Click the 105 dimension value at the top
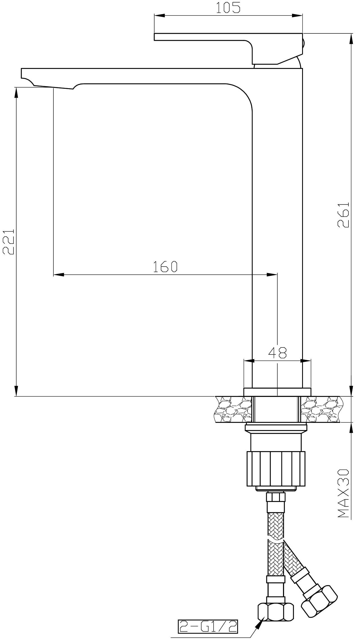tap(228, 8)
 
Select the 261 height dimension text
tap(343, 215)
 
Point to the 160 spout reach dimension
tap(165, 267)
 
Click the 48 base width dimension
tap(277, 353)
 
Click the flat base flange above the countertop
tap(277, 392)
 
